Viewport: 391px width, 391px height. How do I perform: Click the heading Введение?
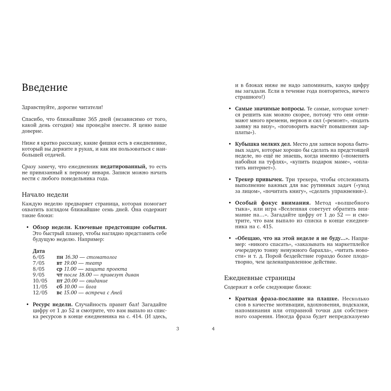click(45, 88)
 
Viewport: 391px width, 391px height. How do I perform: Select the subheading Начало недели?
click(45, 194)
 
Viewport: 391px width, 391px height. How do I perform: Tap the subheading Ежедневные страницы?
click(259, 278)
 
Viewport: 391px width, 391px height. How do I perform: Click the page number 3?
click(178, 328)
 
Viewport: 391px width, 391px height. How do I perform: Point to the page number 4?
click(213, 328)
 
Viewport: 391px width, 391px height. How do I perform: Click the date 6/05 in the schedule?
click(39, 257)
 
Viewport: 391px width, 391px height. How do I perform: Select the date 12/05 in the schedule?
click(40, 292)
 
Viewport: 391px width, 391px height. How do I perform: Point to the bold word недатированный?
click(123, 167)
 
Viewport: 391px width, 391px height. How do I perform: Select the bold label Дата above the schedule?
click(39, 251)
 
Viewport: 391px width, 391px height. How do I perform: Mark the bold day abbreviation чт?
click(59, 274)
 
